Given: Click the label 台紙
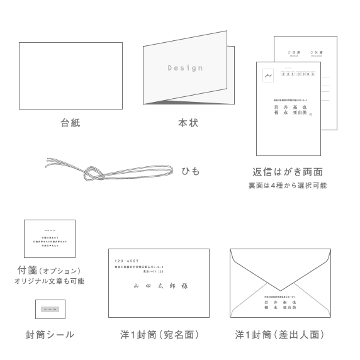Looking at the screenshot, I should (70, 123).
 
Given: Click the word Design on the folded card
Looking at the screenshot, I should (185, 67).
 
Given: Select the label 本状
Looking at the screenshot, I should (188, 123).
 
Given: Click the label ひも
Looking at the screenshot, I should (191, 171).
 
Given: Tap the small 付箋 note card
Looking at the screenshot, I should (50, 239).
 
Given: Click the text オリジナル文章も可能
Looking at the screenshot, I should (49, 281).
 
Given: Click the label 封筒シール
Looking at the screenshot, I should (50, 335).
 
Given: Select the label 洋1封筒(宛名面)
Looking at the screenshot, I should (158, 335).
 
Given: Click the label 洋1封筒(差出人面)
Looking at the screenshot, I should (280, 335).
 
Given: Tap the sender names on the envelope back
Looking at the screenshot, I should (281, 305).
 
